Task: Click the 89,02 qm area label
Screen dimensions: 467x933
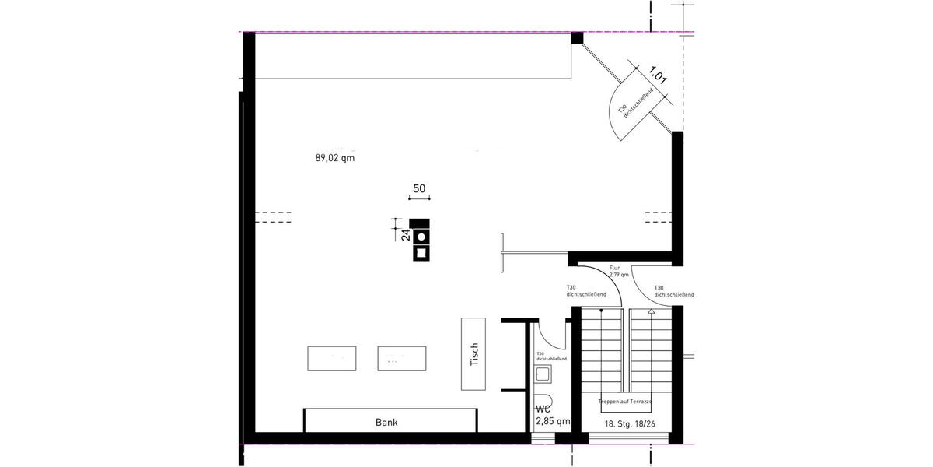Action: click(334, 158)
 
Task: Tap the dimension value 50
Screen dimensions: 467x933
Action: click(419, 188)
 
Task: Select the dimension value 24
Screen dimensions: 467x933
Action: click(405, 235)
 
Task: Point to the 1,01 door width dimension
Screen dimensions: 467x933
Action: click(659, 76)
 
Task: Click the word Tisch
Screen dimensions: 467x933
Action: click(474, 354)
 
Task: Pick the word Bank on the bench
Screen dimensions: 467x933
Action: click(386, 423)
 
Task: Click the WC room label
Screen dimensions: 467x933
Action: click(544, 409)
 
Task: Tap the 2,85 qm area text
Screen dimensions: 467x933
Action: click(553, 421)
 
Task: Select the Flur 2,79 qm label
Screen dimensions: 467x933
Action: click(618, 272)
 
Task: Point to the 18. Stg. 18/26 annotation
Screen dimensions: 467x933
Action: click(629, 423)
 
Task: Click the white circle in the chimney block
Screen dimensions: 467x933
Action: click(421, 236)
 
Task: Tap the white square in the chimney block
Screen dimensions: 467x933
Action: click(421, 251)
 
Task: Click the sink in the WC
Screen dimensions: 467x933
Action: click(543, 375)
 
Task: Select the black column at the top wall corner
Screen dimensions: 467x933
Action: click(577, 37)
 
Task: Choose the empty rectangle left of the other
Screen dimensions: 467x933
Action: click(333, 359)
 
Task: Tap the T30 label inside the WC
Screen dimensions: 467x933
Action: click(550, 356)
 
